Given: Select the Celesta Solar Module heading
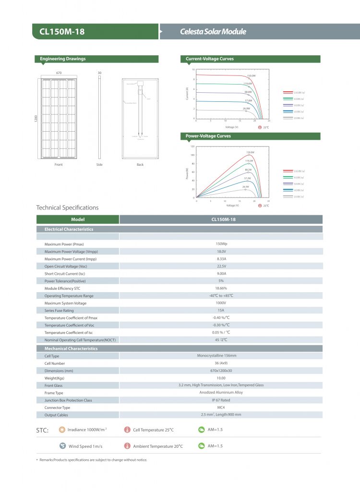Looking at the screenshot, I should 213,32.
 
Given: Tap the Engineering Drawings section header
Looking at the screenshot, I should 63,59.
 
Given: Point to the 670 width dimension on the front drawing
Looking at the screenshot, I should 60,73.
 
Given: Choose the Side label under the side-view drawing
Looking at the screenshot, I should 99,165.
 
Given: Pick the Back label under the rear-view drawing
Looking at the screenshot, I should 140,165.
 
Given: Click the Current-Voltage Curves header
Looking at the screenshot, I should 210,59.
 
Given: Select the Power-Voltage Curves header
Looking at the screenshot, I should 208,136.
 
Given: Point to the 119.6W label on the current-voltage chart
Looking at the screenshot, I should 248,84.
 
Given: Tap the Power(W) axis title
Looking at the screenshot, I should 187,173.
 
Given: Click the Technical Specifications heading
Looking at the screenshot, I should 68,208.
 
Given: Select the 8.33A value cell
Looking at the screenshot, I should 221,259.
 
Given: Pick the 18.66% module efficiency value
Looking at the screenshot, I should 221,288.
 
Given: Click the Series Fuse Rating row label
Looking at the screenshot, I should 59,311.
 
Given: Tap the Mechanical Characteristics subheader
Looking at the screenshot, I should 71,349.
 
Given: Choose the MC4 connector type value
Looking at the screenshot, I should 221,407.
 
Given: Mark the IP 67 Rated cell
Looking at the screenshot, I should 221,400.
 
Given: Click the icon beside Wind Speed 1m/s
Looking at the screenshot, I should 62,446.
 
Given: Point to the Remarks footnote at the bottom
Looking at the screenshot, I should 93,460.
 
